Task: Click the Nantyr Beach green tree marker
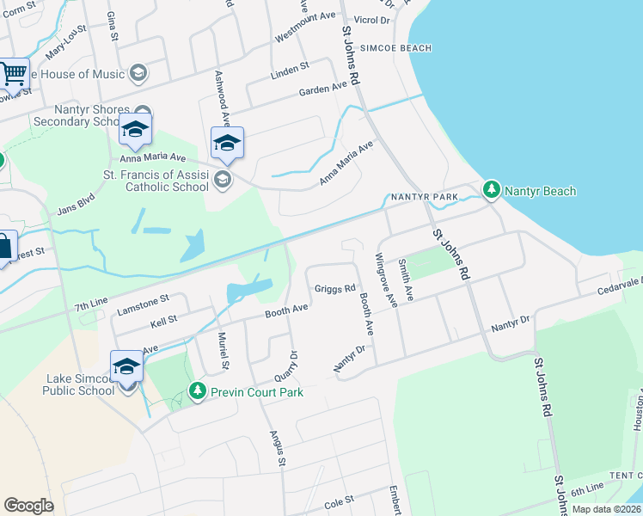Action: (x=491, y=188)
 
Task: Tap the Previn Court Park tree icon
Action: (x=197, y=392)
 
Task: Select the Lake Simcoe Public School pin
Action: (x=126, y=367)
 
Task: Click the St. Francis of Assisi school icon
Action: (x=224, y=179)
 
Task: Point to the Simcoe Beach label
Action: (x=395, y=48)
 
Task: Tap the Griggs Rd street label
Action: (x=334, y=289)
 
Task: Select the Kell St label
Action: (x=163, y=319)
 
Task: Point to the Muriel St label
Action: (x=223, y=351)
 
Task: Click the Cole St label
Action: (x=339, y=501)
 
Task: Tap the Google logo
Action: (x=28, y=506)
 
